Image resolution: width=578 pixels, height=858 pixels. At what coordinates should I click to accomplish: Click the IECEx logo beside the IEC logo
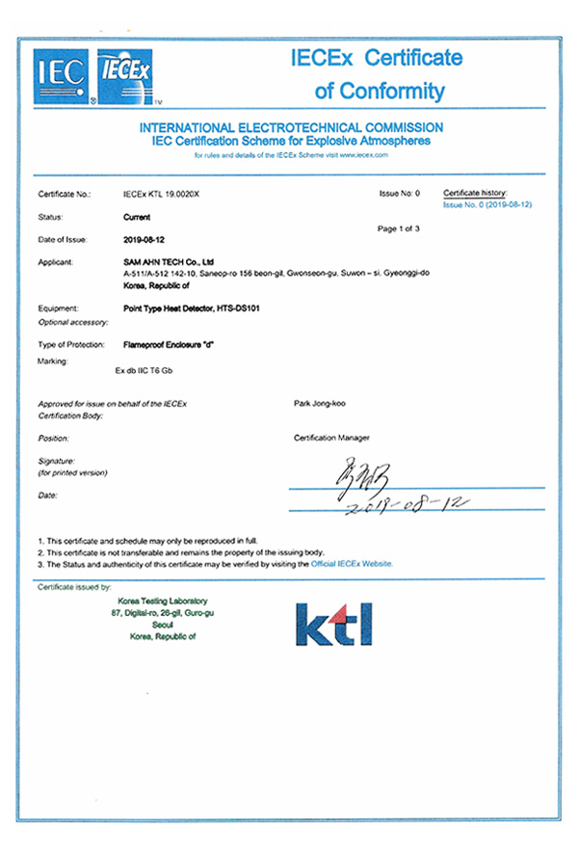[121, 71]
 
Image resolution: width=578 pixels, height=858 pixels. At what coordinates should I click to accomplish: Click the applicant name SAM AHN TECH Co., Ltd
[169, 262]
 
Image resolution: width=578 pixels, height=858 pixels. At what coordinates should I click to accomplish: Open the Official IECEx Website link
[352, 563]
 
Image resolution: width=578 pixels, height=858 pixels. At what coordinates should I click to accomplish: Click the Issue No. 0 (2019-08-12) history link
[487, 205]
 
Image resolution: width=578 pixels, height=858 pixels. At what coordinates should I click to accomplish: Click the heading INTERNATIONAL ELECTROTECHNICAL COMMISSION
[291, 127]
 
